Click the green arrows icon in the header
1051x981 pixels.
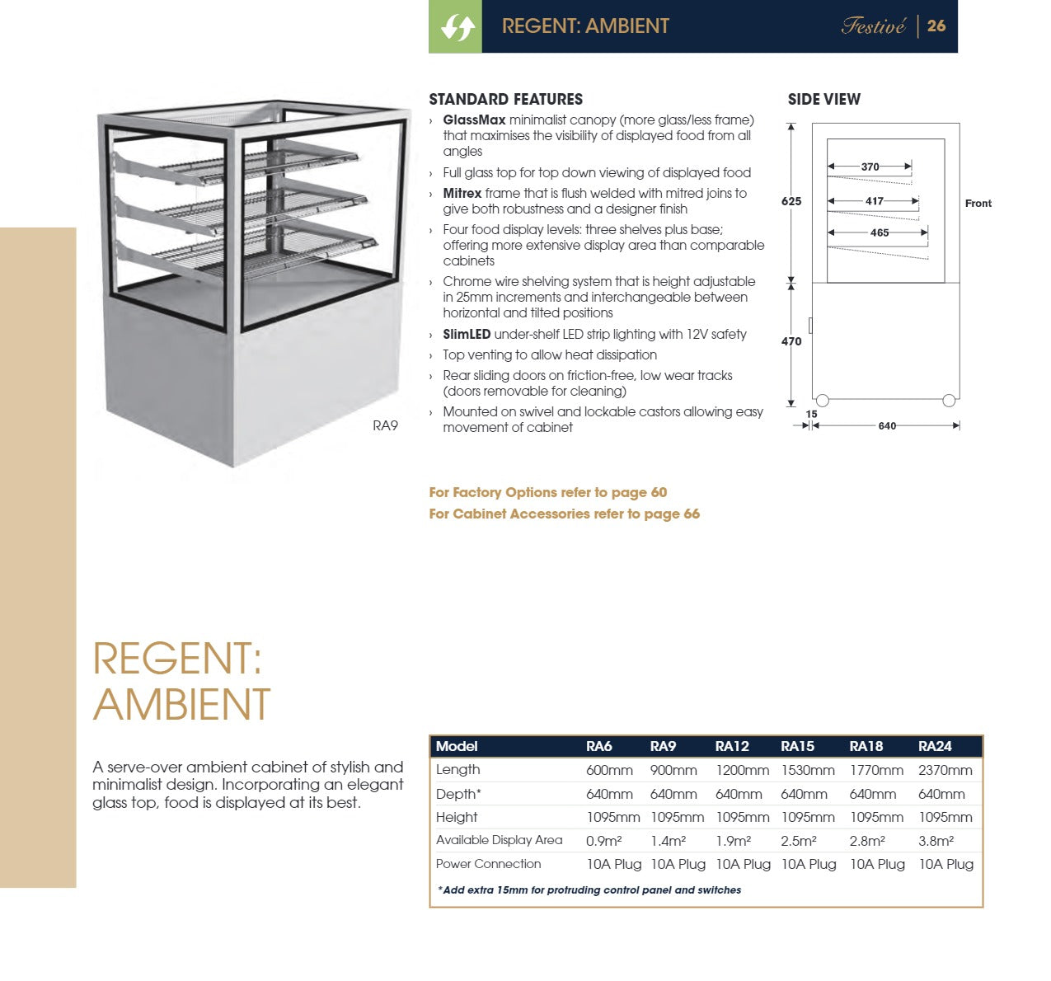tap(456, 27)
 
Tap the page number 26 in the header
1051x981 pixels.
tap(936, 26)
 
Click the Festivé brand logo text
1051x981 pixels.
tap(873, 26)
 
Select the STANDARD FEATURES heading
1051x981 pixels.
tap(505, 99)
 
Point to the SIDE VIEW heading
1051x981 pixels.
tap(823, 99)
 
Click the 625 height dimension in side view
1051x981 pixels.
tap(791, 201)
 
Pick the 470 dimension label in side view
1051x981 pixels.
tap(791, 341)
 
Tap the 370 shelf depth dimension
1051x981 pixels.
tap(870, 167)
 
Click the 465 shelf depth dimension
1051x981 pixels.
tap(880, 232)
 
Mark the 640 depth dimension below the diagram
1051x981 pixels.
tap(887, 426)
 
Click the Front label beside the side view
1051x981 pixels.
tap(978, 204)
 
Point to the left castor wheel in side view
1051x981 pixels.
tap(822, 401)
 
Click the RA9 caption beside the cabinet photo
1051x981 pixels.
tap(385, 425)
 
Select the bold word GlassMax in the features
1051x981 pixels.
tap(474, 120)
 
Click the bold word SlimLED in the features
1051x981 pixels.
tap(467, 334)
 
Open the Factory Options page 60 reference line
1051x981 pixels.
tap(547, 492)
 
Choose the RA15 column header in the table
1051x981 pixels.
tap(797, 746)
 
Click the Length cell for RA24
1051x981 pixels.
tap(945, 770)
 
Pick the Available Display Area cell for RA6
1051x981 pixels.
tap(603, 841)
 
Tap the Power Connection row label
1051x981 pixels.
tap(488, 864)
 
